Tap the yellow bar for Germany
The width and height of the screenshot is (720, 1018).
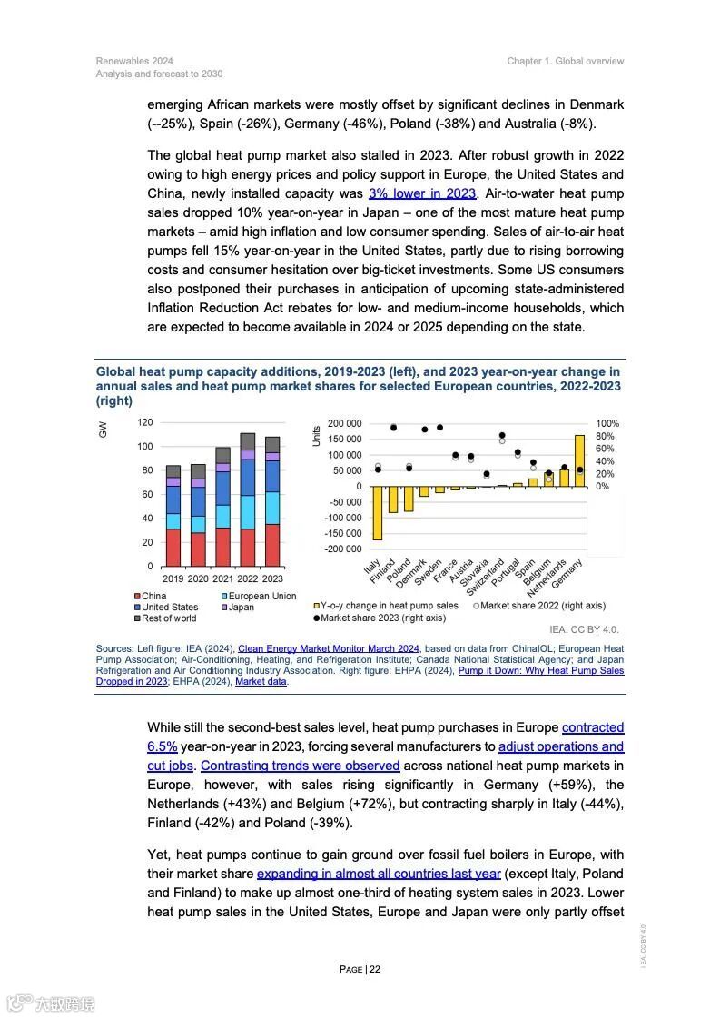pyautogui.click(x=579, y=460)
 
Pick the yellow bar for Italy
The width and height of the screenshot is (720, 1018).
pyautogui.click(x=378, y=513)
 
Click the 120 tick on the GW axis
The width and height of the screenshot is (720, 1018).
pyautogui.click(x=144, y=422)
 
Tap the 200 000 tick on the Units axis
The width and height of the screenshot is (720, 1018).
pyautogui.click(x=344, y=424)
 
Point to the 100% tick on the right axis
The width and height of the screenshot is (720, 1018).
pyautogui.click(x=607, y=424)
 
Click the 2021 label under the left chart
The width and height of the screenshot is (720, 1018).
pyautogui.click(x=222, y=578)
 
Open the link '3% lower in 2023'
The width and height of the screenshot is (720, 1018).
pyautogui.click(x=422, y=193)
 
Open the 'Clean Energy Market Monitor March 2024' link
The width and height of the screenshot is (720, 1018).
pyautogui.click(x=328, y=648)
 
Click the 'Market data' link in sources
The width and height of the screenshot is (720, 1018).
pyautogui.click(x=261, y=681)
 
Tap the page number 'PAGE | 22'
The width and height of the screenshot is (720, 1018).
pyautogui.click(x=360, y=969)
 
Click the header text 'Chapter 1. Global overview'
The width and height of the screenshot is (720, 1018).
pyautogui.click(x=566, y=61)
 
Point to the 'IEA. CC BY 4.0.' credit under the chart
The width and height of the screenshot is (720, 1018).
pyautogui.click(x=584, y=629)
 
